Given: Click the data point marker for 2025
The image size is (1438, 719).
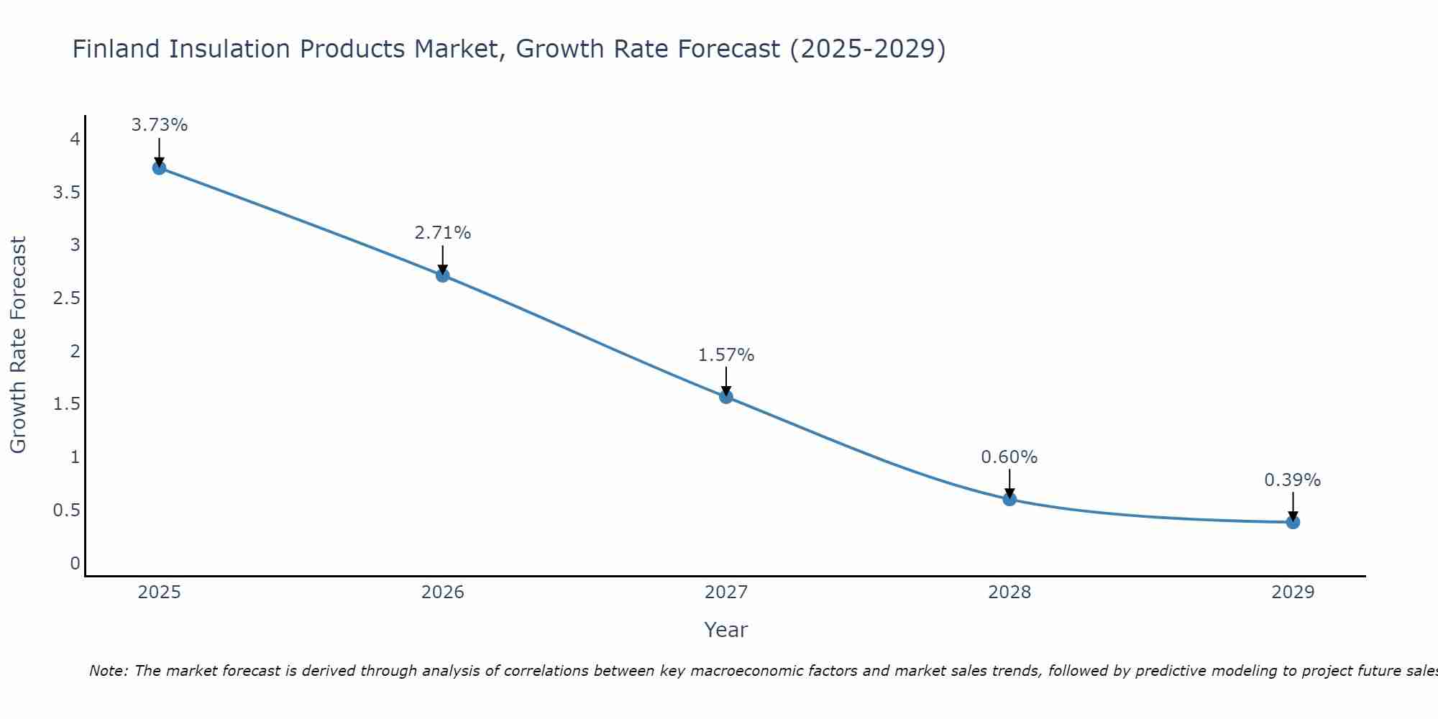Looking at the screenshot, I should coord(159,168).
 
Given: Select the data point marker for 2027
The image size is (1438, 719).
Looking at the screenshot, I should coord(726,396).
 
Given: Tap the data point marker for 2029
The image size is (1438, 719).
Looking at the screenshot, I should coord(1293,522).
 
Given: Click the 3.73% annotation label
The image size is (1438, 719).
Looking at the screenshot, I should coord(159,125).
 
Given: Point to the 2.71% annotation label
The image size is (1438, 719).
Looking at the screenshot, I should coord(442,233).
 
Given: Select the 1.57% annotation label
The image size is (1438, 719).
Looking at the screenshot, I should coord(726,355).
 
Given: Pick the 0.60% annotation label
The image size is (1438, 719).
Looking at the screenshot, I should coord(1009,457).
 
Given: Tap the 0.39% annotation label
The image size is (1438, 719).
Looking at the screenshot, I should coord(1292,480).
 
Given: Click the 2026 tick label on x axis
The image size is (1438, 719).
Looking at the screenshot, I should coord(442,592).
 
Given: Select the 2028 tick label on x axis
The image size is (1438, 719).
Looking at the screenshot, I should coord(1009,592).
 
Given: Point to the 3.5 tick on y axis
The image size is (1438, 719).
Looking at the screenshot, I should coord(67,193).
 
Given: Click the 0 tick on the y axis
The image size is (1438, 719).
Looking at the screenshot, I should coord(75,563).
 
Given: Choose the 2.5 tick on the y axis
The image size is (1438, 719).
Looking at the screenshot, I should coord(67,298).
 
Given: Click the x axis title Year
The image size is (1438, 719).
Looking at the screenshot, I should coord(725,630).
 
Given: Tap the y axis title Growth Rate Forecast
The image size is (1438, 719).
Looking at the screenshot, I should coord(19,344).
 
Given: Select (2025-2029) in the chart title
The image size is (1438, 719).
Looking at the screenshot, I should coord(867,50).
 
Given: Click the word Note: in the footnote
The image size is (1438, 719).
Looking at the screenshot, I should coord(109,672).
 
